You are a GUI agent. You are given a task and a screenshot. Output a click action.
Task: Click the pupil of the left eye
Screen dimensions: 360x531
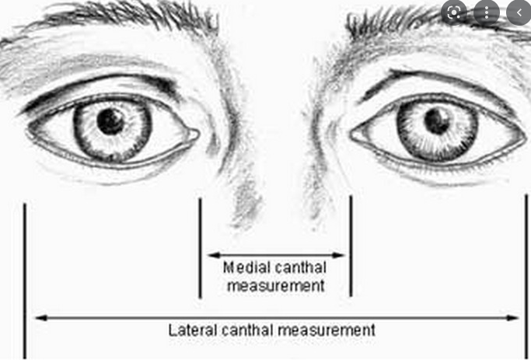(111, 120)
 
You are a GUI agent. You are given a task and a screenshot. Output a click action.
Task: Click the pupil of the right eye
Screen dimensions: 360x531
(437, 121)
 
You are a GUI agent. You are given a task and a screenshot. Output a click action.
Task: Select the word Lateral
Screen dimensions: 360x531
(190, 330)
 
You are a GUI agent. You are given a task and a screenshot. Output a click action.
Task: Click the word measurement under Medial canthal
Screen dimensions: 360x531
(275, 286)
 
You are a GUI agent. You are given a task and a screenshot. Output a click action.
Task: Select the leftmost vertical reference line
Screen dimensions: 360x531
(25, 280)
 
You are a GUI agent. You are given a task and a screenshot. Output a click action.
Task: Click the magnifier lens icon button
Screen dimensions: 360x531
(454, 12)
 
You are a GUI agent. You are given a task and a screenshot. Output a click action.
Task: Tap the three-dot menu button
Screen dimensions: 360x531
(487, 12)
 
